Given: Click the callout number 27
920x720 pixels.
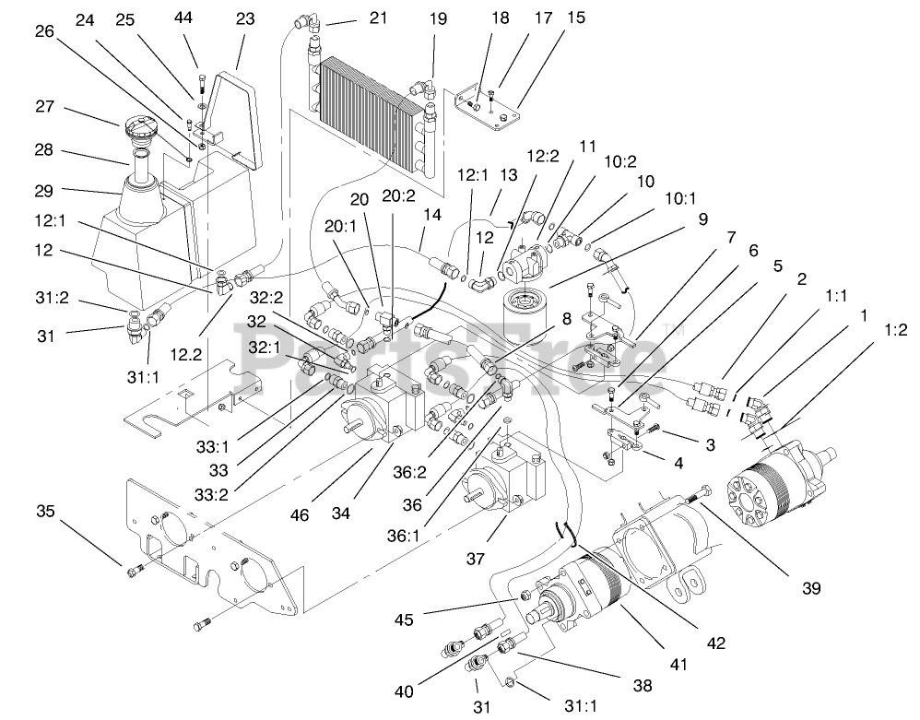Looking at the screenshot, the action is [x=44, y=107].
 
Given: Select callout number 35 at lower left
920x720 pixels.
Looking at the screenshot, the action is [x=45, y=511].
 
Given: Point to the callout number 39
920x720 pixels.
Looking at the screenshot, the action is [x=811, y=588].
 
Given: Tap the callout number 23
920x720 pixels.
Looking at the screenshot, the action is [x=245, y=19].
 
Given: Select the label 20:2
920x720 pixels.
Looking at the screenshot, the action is [x=398, y=195].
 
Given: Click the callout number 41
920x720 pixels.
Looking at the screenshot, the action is [x=678, y=665].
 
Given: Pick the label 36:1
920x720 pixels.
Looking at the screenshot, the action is [x=404, y=537].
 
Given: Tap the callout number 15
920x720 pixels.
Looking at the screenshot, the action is [x=576, y=18].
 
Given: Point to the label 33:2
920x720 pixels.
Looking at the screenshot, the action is [x=212, y=495].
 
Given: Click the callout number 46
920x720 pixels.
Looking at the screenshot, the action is [x=300, y=515].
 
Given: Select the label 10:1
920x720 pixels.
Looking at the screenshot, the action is [x=680, y=199].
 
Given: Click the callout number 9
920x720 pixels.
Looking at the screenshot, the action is [x=703, y=218].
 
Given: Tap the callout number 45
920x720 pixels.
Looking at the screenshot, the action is [x=404, y=620].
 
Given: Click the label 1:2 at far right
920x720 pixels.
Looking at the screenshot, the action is [x=895, y=330].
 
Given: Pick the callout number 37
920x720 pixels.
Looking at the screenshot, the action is [x=476, y=559].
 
